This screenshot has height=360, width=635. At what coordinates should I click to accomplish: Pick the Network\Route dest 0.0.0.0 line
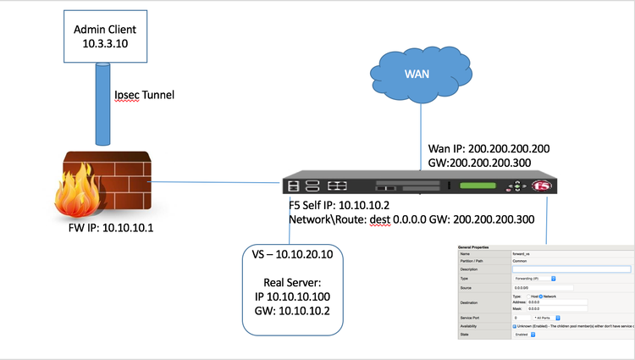(411, 219)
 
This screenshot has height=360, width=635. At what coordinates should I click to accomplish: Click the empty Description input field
(572, 269)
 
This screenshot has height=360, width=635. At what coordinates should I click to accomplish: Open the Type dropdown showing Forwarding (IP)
(534, 278)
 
